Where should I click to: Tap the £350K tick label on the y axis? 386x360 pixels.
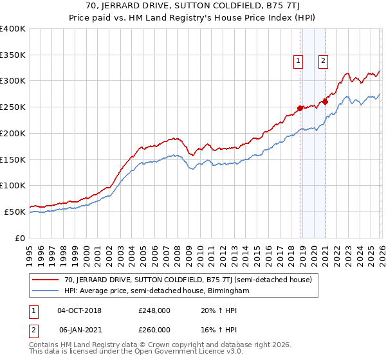pos(13,55)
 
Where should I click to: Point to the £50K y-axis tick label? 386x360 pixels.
pos(15,212)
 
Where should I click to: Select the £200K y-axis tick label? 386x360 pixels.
pos(13,133)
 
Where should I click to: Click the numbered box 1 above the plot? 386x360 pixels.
pos(299,61)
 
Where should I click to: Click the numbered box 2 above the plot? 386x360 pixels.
pos(322,61)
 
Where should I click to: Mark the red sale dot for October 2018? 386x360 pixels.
pos(300,108)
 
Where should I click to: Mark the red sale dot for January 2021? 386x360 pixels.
pos(326,102)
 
